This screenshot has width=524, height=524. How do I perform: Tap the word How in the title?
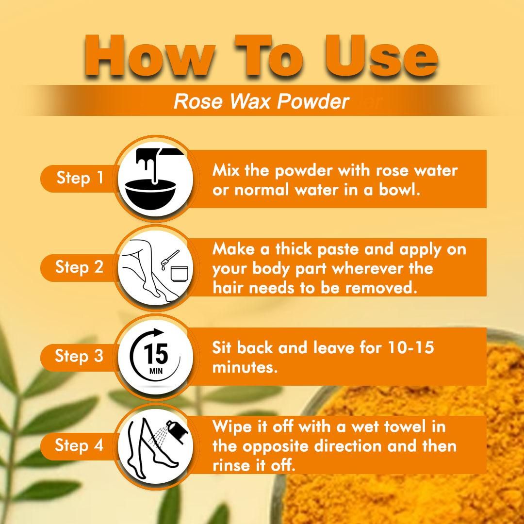(149, 55)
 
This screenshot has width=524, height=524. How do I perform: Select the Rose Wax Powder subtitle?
(262, 101)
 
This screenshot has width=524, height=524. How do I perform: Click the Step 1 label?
(80, 178)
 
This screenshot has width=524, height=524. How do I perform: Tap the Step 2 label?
(79, 267)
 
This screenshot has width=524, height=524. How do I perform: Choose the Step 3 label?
(79, 356)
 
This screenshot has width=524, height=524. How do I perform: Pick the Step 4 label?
(79, 445)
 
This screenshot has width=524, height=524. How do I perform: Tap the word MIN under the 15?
(156, 371)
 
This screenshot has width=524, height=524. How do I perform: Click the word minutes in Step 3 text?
(245, 367)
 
